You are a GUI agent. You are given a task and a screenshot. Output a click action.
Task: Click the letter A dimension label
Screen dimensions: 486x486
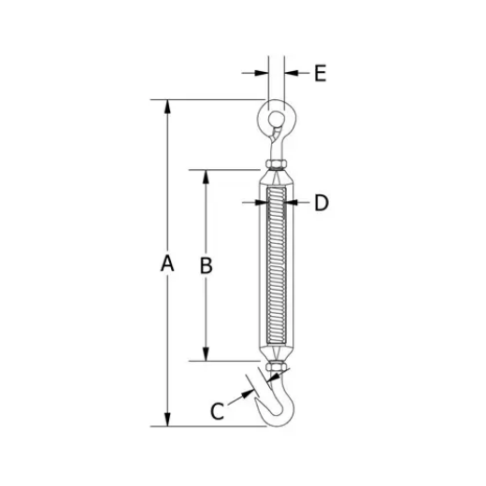coord(167,264)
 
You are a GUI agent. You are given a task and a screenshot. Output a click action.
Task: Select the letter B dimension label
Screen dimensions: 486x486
coord(207,264)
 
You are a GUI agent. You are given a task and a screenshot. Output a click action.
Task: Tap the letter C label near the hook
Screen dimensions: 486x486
coord(217,410)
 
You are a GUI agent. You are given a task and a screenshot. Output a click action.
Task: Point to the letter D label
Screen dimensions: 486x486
coord(321,202)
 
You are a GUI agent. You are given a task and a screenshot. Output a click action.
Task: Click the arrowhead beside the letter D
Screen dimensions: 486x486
coord(296,202)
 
